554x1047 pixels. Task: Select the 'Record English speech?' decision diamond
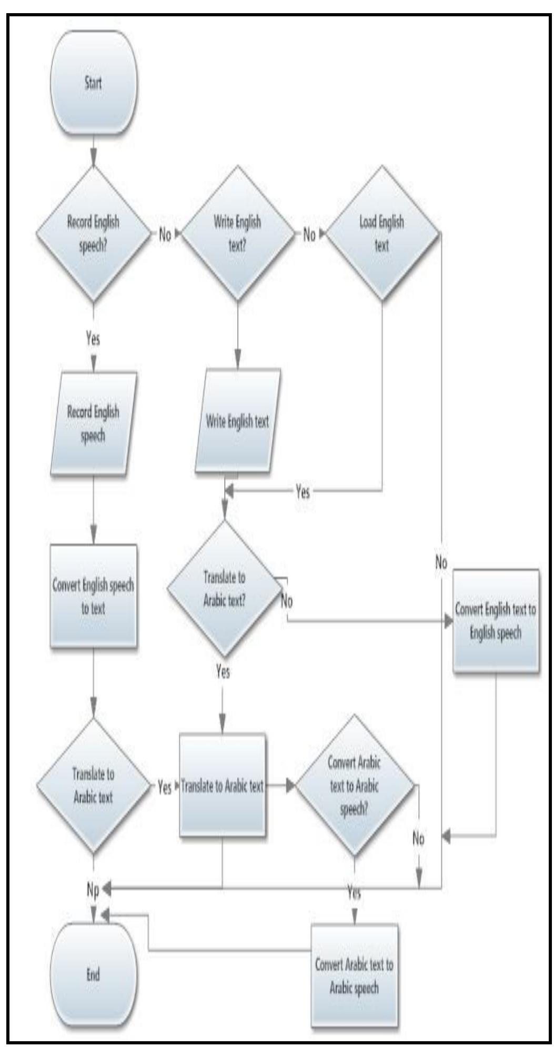(x=93, y=234)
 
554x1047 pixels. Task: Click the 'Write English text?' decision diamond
(x=237, y=234)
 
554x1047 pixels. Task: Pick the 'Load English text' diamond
(x=382, y=234)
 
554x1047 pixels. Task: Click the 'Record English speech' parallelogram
(x=93, y=424)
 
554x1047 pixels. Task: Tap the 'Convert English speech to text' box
(x=93, y=596)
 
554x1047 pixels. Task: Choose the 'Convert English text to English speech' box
(x=496, y=621)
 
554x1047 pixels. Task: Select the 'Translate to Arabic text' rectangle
(x=222, y=787)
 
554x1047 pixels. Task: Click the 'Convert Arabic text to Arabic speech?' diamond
(x=354, y=786)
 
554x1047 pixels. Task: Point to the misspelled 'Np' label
(x=93, y=889)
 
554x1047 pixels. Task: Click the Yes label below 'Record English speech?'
(x=93, y=339)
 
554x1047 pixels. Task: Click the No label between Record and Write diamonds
(x=165, y=235)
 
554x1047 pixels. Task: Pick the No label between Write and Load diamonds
(x=309, y=235)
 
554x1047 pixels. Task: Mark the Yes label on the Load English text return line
(x=303, y=492)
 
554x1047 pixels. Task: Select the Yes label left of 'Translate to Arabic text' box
(x=165, y=787)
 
